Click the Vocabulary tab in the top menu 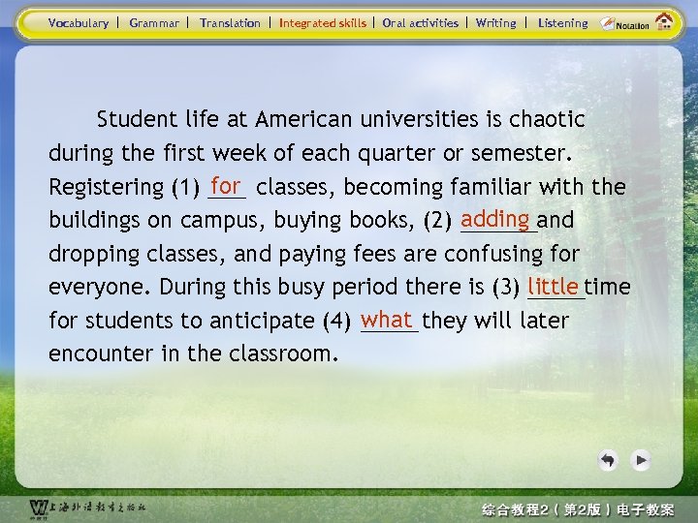click(x=79, y=23)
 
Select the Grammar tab click(x=154, y=23)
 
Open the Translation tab click(x=230, y=23)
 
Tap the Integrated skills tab click(x=323, y=23)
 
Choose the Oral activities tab click(x=420, y=23)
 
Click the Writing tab click(x=495, y=23)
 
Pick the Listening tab click(x=562, y=23)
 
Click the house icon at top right click(x=665, y=21)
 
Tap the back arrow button click(x=608, y=460)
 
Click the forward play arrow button click(x=640, y=460)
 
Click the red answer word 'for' click(x=226, y=184)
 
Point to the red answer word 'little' click(x=555, y=286)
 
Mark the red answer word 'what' click(x=387, y=319)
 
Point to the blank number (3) click(x=506, y=288)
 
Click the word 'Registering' click(x=106, y=187)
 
